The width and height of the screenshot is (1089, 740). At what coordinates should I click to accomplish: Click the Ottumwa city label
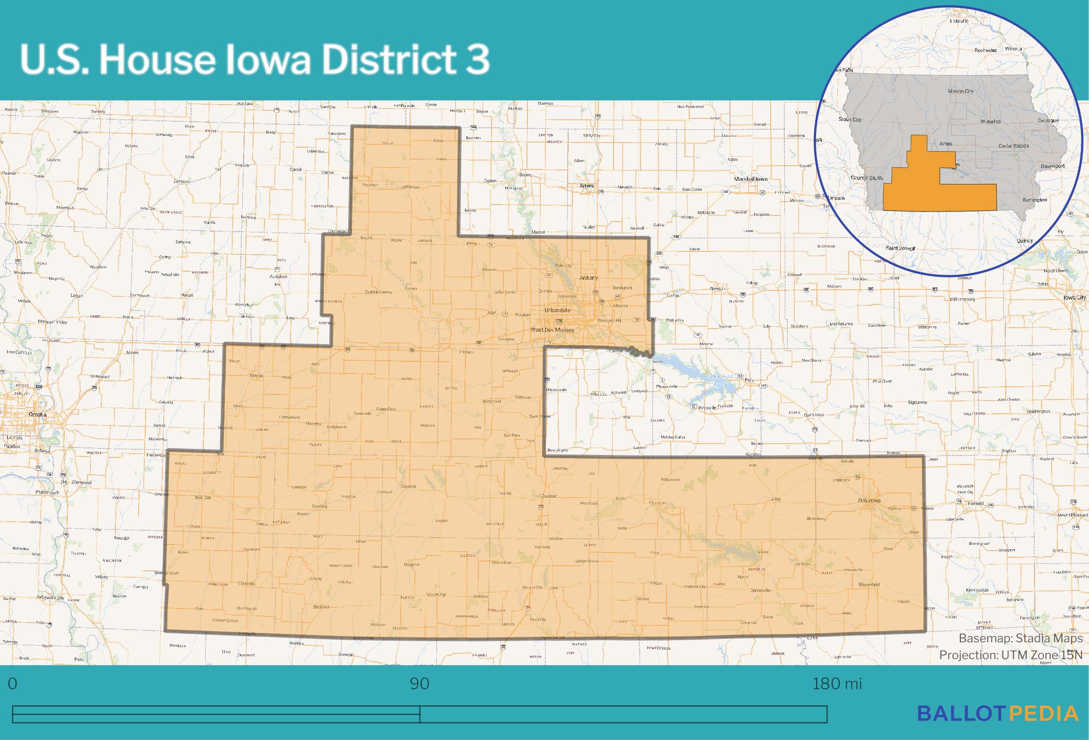pos(869,500)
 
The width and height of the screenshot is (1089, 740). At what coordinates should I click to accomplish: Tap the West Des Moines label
pos(552,330)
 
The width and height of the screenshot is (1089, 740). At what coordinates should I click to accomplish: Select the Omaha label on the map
pos(37,414)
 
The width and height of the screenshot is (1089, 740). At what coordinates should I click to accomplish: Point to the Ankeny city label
pos(589,278)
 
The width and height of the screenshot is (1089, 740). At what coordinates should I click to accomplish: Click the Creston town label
pos(408,486)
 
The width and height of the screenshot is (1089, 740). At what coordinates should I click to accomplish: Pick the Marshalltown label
pos(750,179)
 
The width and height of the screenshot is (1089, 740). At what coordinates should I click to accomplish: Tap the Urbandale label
pos(557,310)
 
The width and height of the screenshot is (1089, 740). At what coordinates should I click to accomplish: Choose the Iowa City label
pos(1074,298)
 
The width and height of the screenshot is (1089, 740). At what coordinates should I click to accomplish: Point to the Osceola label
pos(548,496)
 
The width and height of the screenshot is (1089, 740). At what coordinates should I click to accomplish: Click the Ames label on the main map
pos(587,186)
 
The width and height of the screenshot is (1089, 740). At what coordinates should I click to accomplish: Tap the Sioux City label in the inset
pos(850,119)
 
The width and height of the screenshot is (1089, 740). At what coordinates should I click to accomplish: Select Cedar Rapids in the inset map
pos(1014,146)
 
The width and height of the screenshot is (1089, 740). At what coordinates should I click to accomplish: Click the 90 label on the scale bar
pos(420,684)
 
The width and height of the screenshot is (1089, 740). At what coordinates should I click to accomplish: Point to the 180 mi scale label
pos(837,684)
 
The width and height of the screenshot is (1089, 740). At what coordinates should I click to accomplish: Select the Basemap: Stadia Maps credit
pos(1020,639)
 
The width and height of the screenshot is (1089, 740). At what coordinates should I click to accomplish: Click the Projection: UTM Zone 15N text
pos(1010,655)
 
